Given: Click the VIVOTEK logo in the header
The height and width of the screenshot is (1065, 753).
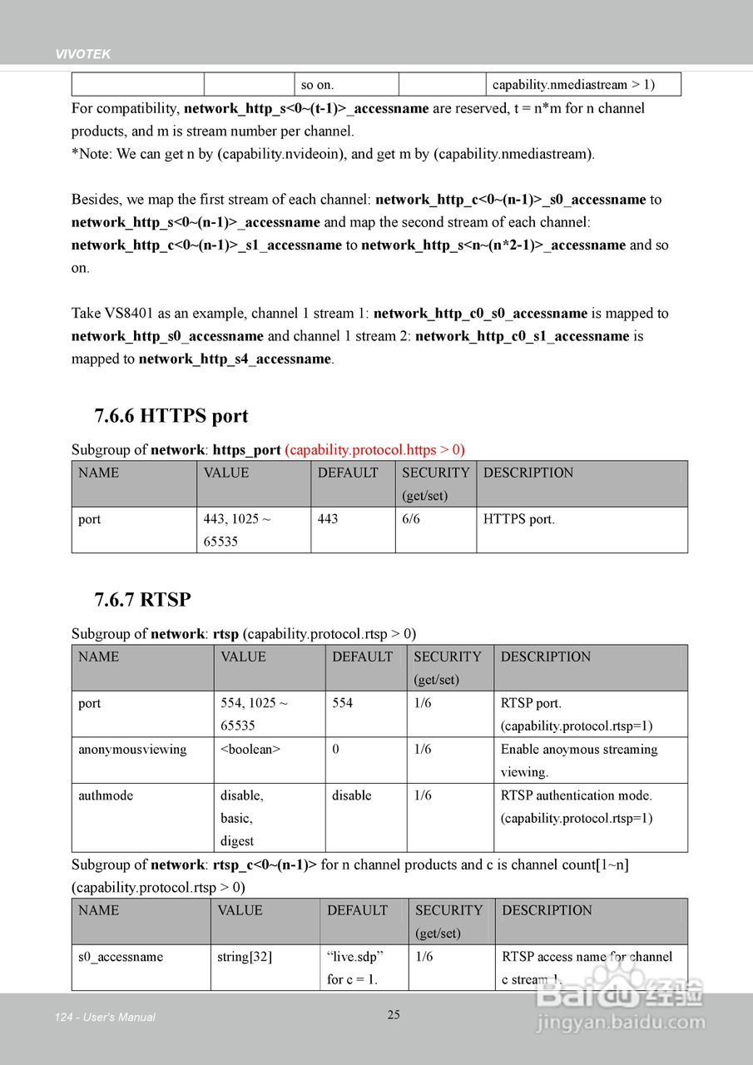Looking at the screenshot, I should tap(83, 54).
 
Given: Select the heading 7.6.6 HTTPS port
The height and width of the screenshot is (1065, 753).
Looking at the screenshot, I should tap(171, 416).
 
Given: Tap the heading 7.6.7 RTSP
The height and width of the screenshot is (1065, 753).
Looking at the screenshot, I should tap(142, 600).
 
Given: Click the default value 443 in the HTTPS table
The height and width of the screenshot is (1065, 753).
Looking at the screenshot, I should tap(328, 519).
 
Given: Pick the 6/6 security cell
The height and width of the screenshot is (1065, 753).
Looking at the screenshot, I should tap(413, 519).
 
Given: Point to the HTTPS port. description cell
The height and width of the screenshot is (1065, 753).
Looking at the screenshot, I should tap(519, 519).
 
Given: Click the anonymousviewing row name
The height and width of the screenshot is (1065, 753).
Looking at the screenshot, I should tap(132, 750).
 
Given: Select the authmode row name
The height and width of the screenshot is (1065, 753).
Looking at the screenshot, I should tap(106, 795).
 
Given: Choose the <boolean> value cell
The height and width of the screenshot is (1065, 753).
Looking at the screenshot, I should tap(250, 750).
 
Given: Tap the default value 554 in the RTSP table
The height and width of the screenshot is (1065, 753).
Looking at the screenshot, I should tap(342, 703).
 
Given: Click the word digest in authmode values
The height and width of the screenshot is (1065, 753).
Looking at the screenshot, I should tap(237, 841).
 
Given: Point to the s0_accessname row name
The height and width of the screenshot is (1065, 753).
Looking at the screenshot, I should tap(121, 957).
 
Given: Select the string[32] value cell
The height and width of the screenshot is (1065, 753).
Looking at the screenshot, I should tap(245, 957).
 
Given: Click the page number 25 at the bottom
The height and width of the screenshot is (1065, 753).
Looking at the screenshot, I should tap(394, 1014).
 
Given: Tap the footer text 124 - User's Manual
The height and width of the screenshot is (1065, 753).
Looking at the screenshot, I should tap(105, 1017).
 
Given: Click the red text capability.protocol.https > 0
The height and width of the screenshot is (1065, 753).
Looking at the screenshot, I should tap(374, 450).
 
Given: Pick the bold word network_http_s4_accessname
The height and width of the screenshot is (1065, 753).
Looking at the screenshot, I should tap(235, 359).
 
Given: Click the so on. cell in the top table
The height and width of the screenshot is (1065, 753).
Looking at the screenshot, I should tap(317, 85).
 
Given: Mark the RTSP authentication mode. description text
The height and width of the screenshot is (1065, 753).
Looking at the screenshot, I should tap(577, 795).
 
